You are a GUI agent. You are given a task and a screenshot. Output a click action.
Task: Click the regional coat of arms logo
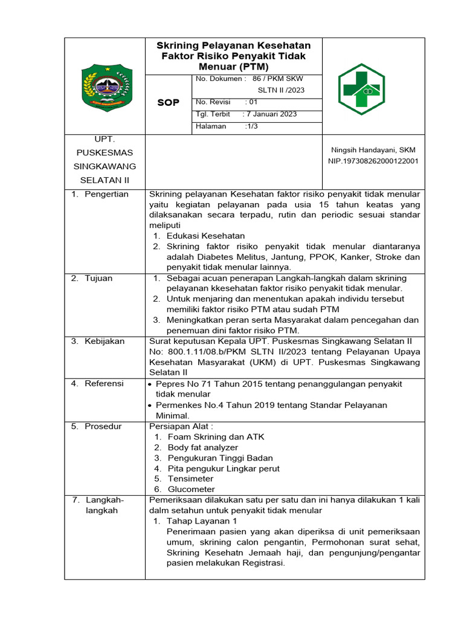click(x=106, y=86)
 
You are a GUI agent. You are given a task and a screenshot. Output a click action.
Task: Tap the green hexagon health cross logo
click(x=361, y=89)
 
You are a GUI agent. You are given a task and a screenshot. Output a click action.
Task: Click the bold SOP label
click(x=168, y=103)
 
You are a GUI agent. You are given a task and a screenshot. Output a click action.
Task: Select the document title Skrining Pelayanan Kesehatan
click(x=234, y=46)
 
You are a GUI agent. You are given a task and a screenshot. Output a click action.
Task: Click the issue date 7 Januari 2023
click(x=270, y=114)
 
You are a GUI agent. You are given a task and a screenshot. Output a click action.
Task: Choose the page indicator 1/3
click(x=252, y=126)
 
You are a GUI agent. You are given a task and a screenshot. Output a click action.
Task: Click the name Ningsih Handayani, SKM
click(x=373, y=150)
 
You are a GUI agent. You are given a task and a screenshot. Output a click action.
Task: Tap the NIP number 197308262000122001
click(x=373, y=161)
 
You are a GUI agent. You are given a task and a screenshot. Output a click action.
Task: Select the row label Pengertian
click(x=106, y=194)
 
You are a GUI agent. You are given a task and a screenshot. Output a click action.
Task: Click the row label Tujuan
click(x=98, y=278)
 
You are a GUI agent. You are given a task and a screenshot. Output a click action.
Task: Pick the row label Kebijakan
click(x=104, y=341)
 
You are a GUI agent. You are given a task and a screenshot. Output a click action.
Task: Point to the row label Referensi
click(x=104, y=383)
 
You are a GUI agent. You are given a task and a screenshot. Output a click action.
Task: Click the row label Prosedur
click(x=103, y=426)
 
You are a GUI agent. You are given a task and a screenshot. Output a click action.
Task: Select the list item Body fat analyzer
click(x=204, y=447)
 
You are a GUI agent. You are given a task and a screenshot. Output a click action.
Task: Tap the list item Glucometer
click(x=191, y=489)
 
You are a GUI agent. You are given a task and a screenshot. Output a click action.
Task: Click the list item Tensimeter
click(x=190, y=479)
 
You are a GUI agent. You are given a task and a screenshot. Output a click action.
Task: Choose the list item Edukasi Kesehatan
click(x=205, y=236)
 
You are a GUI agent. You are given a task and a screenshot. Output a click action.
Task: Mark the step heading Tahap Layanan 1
click(x=202, y=520)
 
